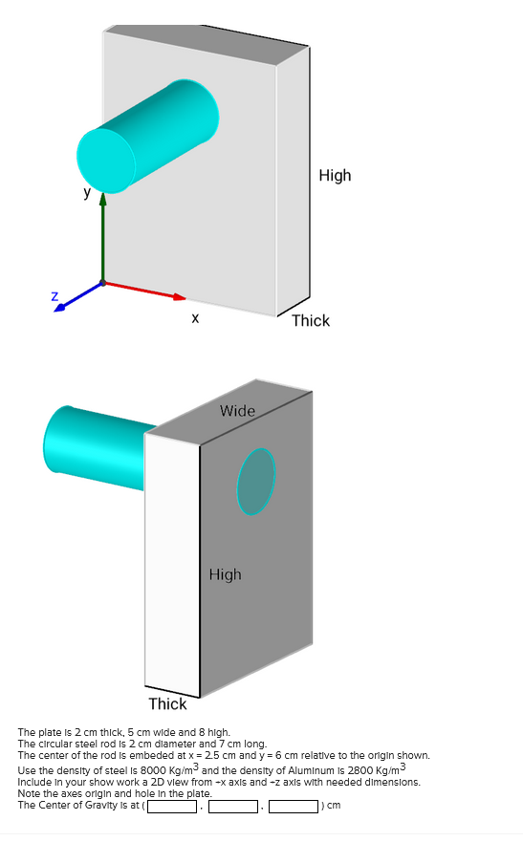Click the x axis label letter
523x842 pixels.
[195, 318]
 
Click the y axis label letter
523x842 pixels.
[87, 192]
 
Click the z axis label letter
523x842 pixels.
[54, 296]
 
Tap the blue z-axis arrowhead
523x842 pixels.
[59, 307]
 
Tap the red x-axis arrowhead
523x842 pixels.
[180, 296]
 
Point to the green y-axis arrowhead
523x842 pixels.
[102, 199]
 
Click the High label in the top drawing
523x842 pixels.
[335, 176]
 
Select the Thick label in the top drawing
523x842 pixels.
[311, 320]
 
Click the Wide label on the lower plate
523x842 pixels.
[237, 411]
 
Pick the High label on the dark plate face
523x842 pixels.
[225, 574]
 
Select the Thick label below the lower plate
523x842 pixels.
[167, 704]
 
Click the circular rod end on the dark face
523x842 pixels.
[256, 482]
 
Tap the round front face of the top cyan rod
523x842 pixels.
[106, 161]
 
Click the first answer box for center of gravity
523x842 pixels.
[172, 806]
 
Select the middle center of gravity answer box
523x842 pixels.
[233, 806]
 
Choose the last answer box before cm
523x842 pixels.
[294, 806]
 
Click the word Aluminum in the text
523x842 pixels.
[323, 771]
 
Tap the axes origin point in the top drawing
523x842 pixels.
[102, 283]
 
